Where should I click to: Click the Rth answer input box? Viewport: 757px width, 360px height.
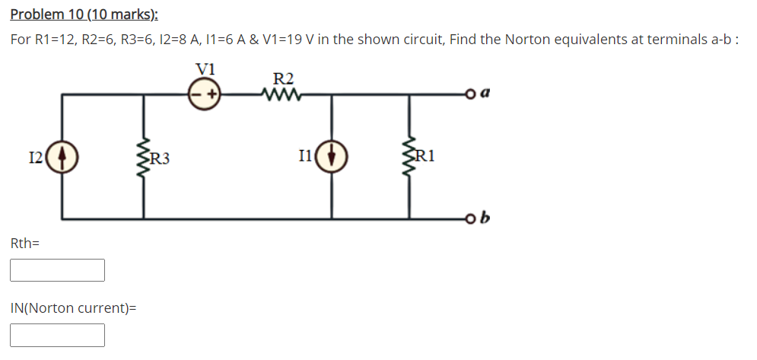pos(57,270)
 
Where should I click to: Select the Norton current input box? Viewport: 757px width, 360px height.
pos(57,335)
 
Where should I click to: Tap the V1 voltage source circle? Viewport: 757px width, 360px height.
pos(205,95)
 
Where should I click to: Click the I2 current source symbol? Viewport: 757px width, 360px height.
pos(62,158)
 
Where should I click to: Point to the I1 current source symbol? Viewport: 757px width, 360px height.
pos(332,158)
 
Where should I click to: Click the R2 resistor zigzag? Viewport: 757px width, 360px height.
pos(282,95)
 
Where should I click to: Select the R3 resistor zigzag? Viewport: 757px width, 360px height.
pos(142,157)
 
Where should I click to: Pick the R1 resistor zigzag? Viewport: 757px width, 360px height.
pos(413,157)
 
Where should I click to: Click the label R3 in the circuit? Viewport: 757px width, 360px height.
pos(160,159)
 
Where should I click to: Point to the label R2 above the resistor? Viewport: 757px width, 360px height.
pos(283,78)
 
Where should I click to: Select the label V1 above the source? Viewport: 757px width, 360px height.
pos(205,68)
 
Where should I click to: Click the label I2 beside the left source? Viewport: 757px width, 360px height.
pos(36,158)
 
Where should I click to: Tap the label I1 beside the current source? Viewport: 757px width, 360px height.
pos(305,158)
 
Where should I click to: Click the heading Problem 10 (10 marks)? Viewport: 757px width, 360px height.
pos(79,15)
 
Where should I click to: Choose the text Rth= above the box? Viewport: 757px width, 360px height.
pos(24,244)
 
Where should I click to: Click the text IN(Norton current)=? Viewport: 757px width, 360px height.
pos(73,308)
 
